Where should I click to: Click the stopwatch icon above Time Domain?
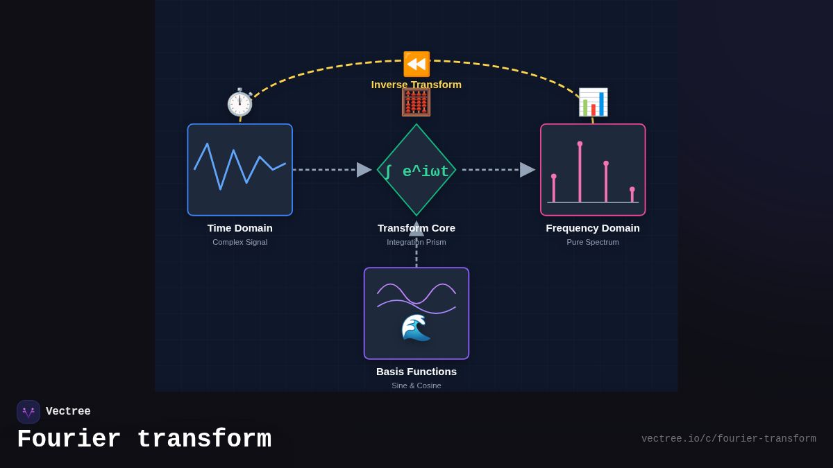tap(239, 103)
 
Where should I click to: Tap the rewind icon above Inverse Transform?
tap(416, 64)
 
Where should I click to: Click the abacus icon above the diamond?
tap(416, 102)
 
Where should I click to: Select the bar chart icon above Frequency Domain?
tap(593, 102)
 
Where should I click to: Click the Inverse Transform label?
tap(416, 85)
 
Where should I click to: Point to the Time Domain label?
tap(239, 228)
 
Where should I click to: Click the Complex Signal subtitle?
tap(239, 242)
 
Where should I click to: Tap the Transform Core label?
tap(416, 228)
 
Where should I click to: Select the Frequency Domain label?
tap(593, 228)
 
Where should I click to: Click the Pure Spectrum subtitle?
tap(593, 242)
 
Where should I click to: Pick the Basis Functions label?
tap(416, 372)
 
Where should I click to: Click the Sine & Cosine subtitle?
tap(416, 385)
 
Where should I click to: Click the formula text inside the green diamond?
tap(417, 171)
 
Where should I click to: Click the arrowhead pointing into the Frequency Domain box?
tap(528, 170)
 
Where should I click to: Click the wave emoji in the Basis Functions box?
tap(416, 327)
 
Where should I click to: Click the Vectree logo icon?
tap(28, 412)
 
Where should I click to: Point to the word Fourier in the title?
tap(69, 440)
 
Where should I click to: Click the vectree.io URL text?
tap(728, 439)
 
